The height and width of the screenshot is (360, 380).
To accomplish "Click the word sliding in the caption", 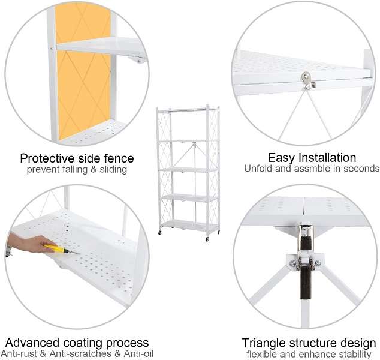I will point(112,169).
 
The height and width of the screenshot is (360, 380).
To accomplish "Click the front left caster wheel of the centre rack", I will point(161,232).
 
